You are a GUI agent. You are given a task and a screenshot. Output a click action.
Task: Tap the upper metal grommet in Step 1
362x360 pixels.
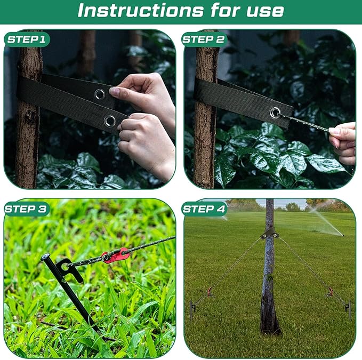(x=99, y=94)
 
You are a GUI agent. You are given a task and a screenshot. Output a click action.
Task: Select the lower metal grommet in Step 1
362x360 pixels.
(x=109, y=121)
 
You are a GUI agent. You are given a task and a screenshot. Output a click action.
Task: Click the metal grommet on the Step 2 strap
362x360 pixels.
(x=275, y=113)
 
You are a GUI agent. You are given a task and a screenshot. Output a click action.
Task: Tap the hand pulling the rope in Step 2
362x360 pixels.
(x=344, y=142)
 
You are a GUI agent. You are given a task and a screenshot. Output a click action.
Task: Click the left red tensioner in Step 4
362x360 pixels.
(x=209, y=291)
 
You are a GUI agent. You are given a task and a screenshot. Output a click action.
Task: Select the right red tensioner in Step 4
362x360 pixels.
(x=331, y=291)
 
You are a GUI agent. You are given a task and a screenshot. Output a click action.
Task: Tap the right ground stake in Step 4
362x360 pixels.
(x=348, y=308)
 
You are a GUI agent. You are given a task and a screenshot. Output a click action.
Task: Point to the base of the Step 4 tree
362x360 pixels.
(x=269, y=325)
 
